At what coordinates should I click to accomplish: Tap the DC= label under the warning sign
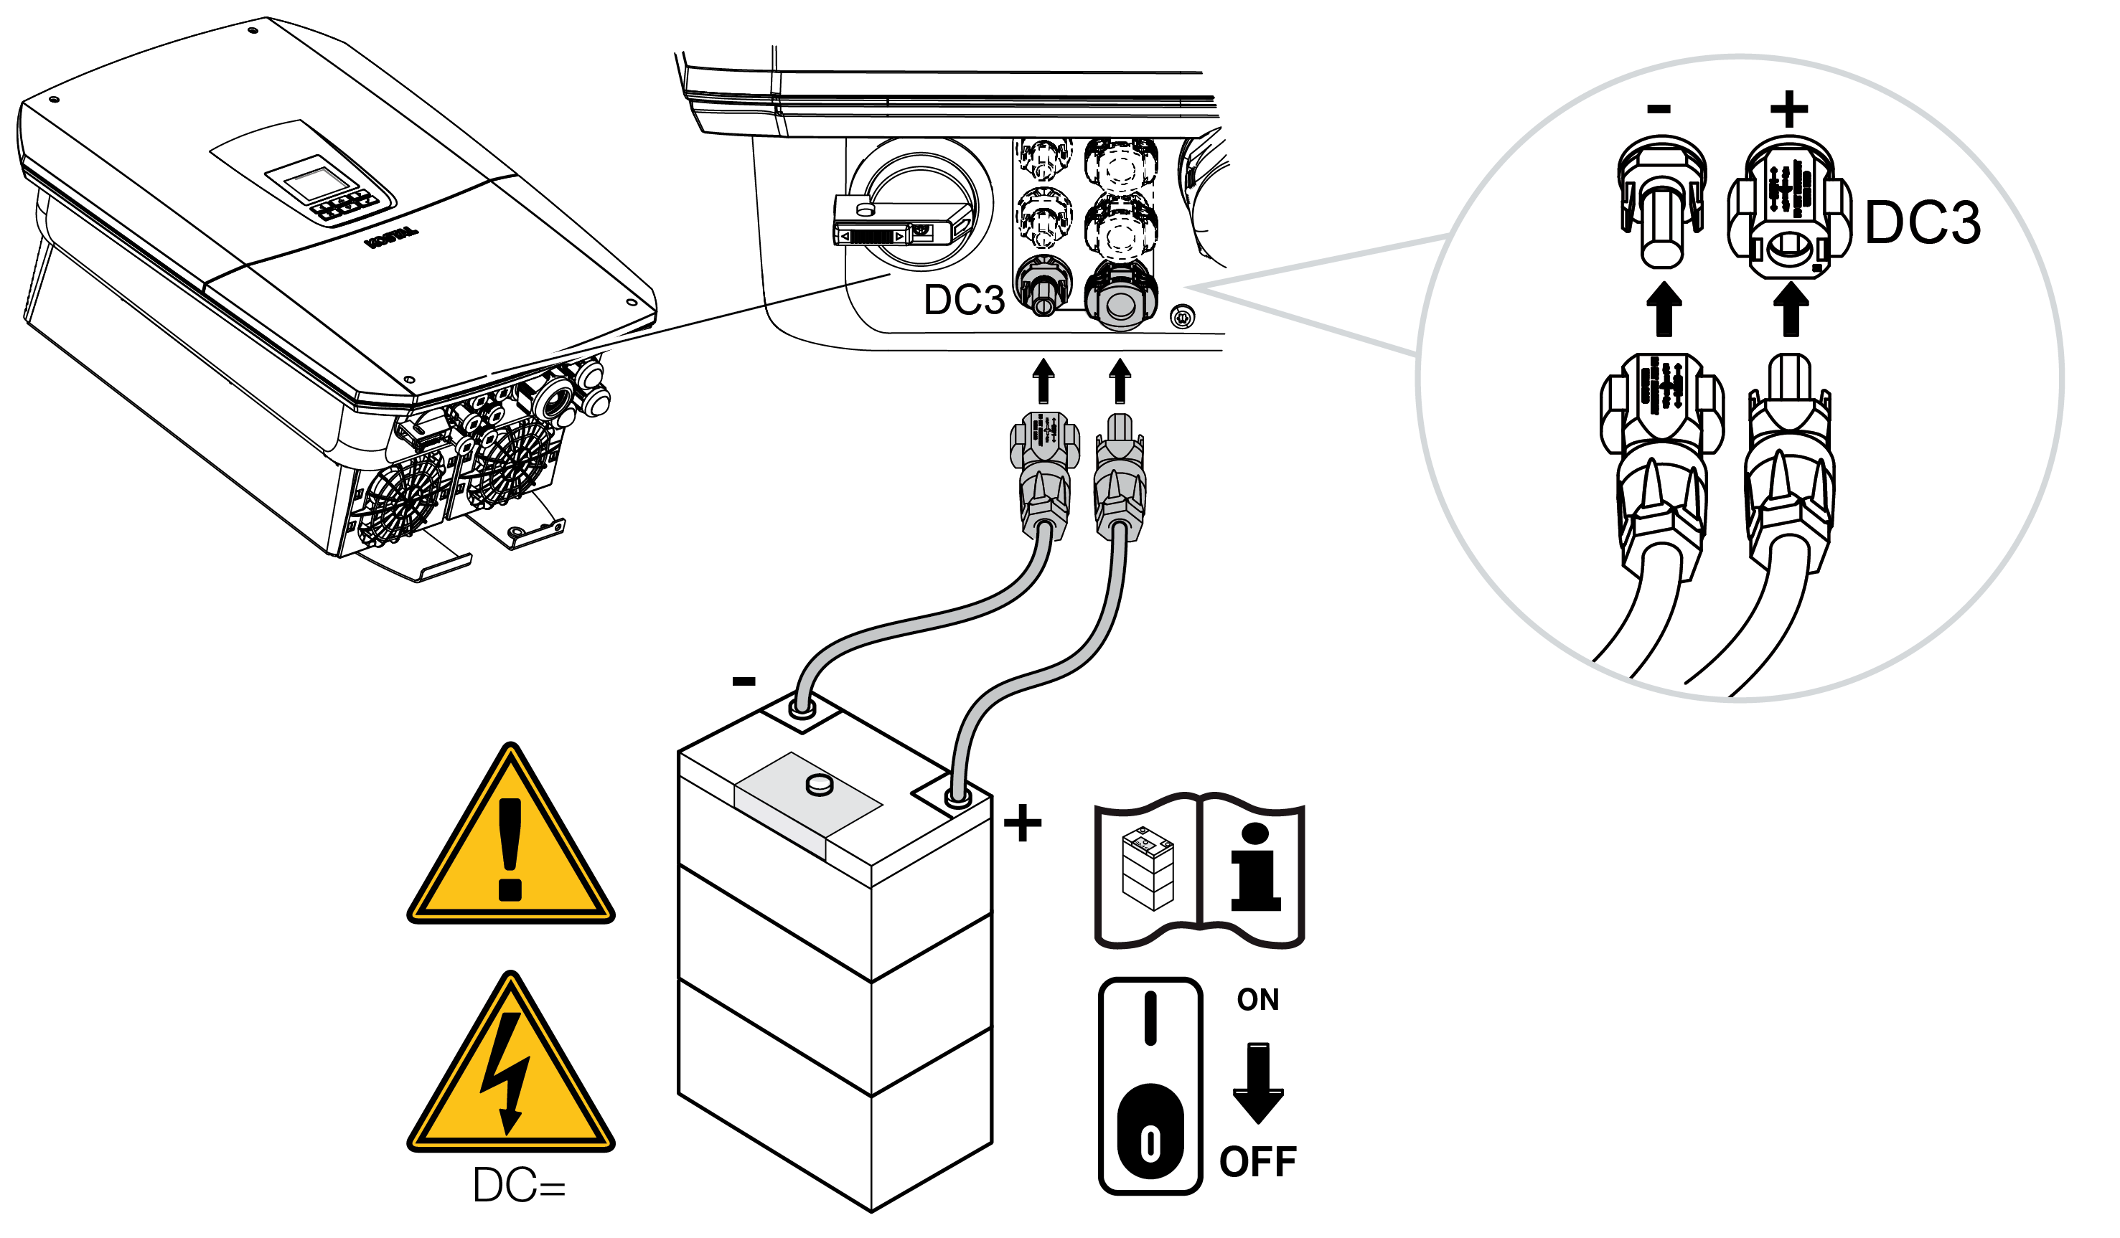pos(519,1186)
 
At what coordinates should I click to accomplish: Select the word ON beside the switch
pos(1257,1000)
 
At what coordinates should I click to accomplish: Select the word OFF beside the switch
pos(1257,1162)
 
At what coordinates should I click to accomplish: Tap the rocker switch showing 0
pos(1150,1085)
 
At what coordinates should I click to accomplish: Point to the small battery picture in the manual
pos(1148,869)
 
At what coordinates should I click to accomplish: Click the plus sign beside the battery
pos(1023,823)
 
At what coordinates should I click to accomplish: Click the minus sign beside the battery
pos(744,681)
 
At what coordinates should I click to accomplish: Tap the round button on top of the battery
pos(820,785)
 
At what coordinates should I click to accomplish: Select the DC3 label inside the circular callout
pos(1923,224)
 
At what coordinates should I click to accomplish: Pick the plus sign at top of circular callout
pos(1788,109)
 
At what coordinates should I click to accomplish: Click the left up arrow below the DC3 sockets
pos(1043,381)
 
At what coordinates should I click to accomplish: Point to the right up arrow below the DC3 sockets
pos(1120,381)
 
